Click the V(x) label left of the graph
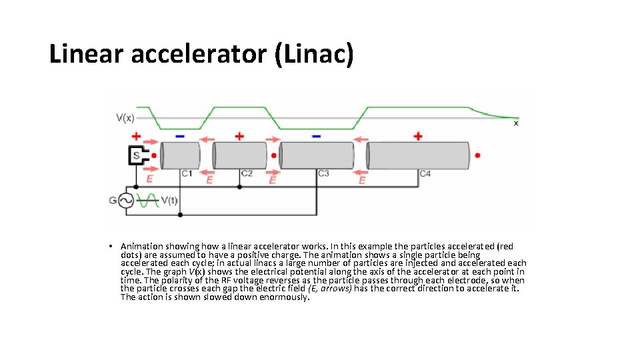pyautogui.click(x=125, y=119)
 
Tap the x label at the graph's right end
pyautogui.click(x=516, y=123)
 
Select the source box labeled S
pyautogui.click(x=138, y=156)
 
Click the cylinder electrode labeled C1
pyautogui.click(x=180, y=156)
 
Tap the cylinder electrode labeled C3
pyautogui.click(x=316, y=156)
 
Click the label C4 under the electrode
pyautogui.click(x=425, y=175)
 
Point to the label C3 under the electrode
pyautogui.click(x=323, y=174)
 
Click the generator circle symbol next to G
pyautogui.click(x=126, y=200)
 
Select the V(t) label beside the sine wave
pyautogui.click(x=169, y=200)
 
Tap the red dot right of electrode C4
pyautogui.click(x=477, y=155)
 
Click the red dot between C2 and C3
pyautogui.click(x=274, y=155)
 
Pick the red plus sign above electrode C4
pyautogui.click(x=418, y=136)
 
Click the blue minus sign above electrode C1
pyautogui.click(x=179, y=136)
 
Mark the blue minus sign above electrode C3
pyautogui.click(x=316, y=136)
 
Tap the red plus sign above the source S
pyautogui.click(x=136, y=136)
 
